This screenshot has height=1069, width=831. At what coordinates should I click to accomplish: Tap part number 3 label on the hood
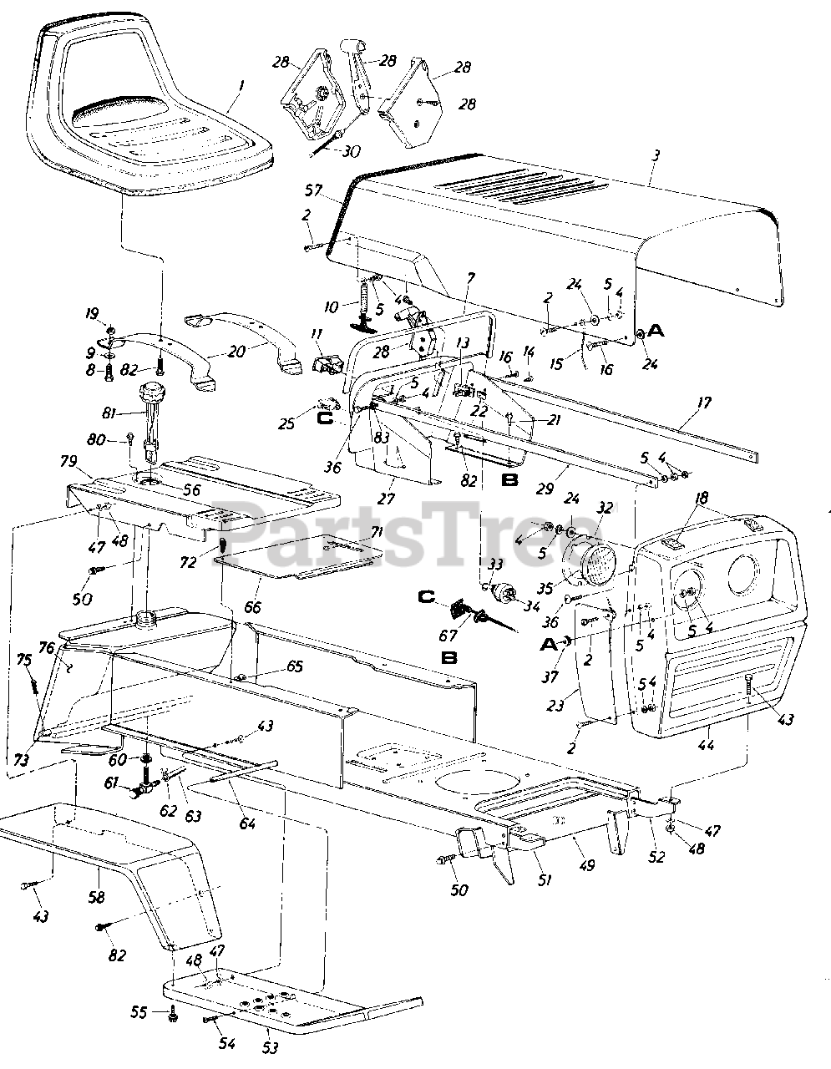[x=656, y=155]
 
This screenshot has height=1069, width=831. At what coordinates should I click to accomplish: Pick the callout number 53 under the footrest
[x=271, y=1046]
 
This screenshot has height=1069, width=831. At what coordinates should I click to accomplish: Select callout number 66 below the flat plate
[x=253, y=606]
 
